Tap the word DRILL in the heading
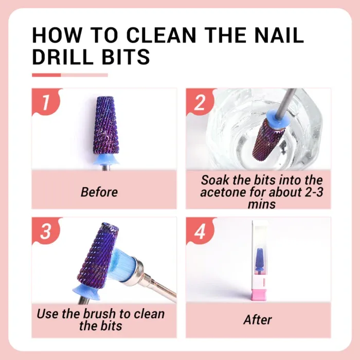66,57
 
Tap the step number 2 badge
200,101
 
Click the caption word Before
99,192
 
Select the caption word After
257,319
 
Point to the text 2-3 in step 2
307,192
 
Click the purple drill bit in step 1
105,123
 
